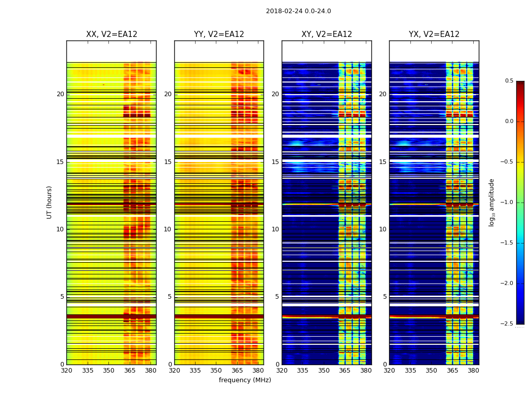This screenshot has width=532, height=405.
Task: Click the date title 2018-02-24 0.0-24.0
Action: tap(298, 11)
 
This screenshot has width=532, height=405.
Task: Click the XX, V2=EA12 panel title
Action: tap(111, 34)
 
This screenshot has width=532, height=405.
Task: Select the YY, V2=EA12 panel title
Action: tap(219, 34)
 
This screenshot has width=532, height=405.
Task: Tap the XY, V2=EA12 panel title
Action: tap(327, 34)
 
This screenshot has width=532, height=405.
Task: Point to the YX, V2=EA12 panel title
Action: tap(434, 34)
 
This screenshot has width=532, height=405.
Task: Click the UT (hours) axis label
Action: tap(50, 202)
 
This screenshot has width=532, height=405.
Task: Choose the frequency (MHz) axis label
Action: tap(245, 380)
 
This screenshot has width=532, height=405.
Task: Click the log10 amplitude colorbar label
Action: tap(491, 202)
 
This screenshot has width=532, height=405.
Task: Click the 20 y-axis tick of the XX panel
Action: tap(60, 94)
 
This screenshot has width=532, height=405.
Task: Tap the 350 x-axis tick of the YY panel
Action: tap(216, 370)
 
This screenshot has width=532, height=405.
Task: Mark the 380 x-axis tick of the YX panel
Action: tap(473, 370)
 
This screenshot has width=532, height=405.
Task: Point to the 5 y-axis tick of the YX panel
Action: tap(385, 297)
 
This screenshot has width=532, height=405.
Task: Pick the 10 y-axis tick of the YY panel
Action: tap(168, 229)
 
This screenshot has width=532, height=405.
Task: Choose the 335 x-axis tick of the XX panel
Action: tap(88, 370)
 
